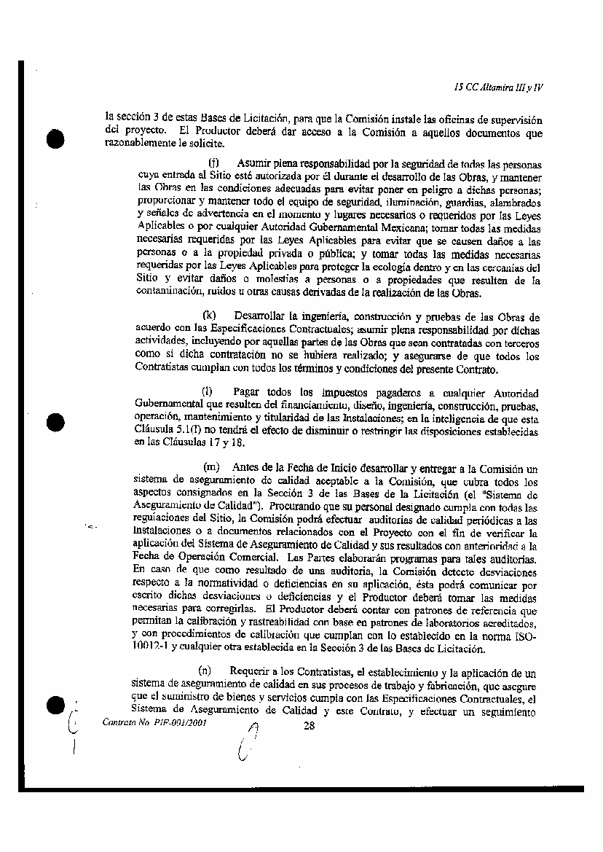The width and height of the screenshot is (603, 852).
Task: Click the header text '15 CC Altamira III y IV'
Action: pyautogui.click(x=498, y=87)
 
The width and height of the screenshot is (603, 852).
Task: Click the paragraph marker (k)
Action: pyautogui.click(x=210, y=316)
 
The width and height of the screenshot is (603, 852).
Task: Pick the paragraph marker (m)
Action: pyautogui.click(x=211, y=467)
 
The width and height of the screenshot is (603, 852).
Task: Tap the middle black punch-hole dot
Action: pyautogui.click(x=55, y=422)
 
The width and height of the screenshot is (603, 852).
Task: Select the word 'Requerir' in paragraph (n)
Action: pyautogui.click(x=249, y=671)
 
